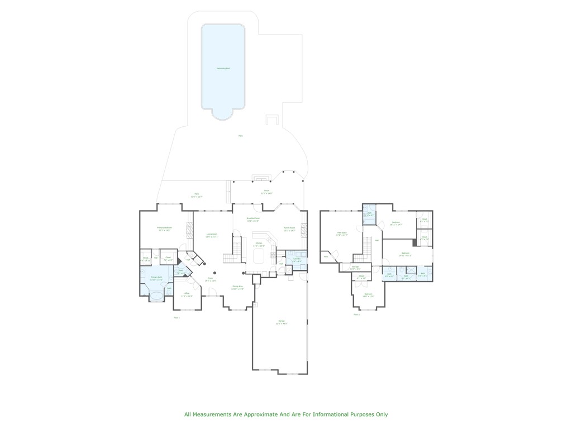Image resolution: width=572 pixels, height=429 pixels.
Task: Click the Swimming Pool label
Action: pos(223,68)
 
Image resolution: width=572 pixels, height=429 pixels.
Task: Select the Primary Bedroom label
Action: pos(164,228)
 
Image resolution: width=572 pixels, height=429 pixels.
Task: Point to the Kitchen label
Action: pos(259,243)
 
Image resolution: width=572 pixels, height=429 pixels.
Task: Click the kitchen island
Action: pos(259,256)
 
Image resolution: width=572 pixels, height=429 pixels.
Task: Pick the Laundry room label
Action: pos(297,259)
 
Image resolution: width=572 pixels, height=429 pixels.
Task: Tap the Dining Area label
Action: pos(237,287)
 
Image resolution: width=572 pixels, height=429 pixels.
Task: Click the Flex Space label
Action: pos(342,232)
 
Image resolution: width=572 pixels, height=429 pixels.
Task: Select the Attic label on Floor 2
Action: pos(326,256)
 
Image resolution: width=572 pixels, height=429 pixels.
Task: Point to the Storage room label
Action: pos(355,267)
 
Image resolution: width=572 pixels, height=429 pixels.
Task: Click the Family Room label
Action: pos(289,228)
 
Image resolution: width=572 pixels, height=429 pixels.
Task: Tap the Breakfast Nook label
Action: pos(253,218)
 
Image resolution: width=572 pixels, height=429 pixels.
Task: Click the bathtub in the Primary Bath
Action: pos(156,294)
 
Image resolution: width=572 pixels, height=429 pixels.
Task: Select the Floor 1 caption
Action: pos(177,317)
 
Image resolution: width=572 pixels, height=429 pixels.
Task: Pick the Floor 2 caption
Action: pos(356,314)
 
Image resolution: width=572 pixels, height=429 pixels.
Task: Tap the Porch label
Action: pos(266,191)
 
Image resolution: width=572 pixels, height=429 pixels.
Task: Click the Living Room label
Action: pos(212,235)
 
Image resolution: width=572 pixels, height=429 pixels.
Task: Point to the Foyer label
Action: pos(211,278)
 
